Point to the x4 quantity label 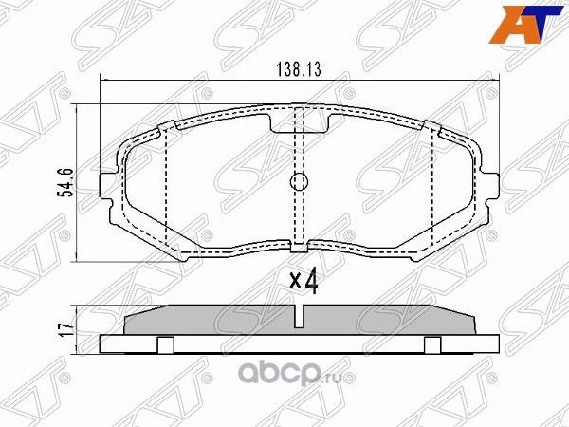click(302, 281)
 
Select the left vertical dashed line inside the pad click(167, 190)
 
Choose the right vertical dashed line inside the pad click(432, 190)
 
